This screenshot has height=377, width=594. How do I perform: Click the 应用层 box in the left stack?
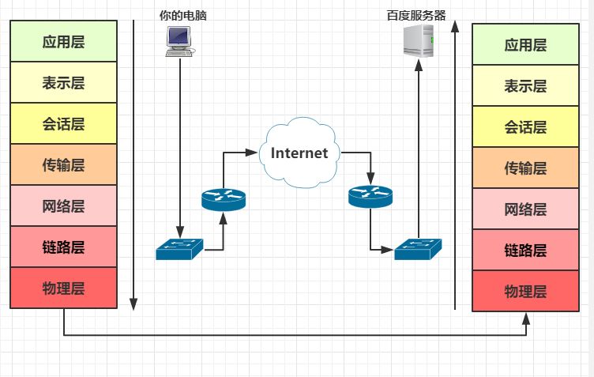tap(64, 41)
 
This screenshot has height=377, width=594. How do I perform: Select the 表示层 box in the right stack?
tap(525, 85)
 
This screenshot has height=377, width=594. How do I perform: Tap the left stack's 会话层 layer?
tap(64, 123)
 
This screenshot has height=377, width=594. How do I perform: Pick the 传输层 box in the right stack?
tap(525, 168)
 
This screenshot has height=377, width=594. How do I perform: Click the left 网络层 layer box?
tap(64, 205)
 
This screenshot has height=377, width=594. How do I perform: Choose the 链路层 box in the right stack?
tap(525, 250)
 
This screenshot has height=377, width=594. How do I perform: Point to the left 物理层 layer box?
tap(64, 288)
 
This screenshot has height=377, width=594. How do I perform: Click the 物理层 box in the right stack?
tap(525, 291)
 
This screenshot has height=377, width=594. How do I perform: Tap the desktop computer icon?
tap(179, 42)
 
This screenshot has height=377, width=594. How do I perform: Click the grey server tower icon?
tap(418, 40)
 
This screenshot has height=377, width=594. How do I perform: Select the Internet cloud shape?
tap(299, 153)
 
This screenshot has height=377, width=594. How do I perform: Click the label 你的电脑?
tap(182, 16)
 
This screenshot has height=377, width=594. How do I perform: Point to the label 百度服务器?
tap(416, 16)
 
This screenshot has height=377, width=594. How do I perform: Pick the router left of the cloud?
tap(224, 200)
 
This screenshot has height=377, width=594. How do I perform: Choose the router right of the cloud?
tap(370, 197)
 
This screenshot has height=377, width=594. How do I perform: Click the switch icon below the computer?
tap(179, 249)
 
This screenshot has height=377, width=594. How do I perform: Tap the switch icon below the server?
tap(418, 249)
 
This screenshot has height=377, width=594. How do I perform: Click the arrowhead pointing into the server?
tap(419, 65)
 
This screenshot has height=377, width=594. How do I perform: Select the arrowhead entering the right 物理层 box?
tap(526, 319)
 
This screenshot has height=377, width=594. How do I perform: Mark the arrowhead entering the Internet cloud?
tap(251, 153)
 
